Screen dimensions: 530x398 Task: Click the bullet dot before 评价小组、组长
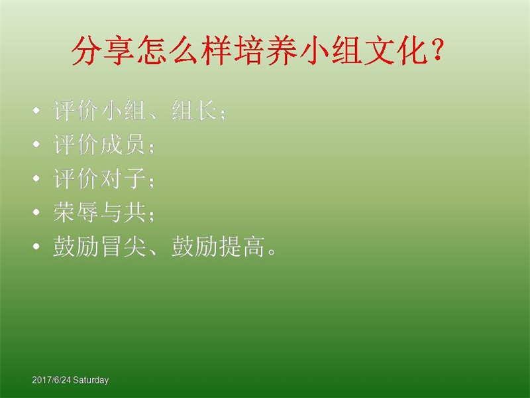pyautogui.click(x=36, y=111)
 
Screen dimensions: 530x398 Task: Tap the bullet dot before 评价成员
pyautogui.click(x=36, y=145)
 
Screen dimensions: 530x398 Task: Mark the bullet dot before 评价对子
pyautogui.click(x=36, y=178)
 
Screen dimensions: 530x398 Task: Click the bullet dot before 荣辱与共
pyautogui.click(x=36, y=212)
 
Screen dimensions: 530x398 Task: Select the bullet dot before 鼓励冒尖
pyautogui.click(x=36, y=246)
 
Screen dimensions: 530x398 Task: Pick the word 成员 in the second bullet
pyautogui.click(x=123, y=144)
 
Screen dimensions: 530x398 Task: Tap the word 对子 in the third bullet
pyautogui.click(x=123, y=178)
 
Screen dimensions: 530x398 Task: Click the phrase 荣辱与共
pyautogui.click(x=99, y=212)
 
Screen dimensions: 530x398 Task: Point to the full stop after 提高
pyautogui.click(x=272, y=252)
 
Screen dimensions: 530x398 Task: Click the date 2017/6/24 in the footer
pyautogui.click(x=52, y=380)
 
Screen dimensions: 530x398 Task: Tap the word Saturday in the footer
pyautogui.click(x=91, y=380)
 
